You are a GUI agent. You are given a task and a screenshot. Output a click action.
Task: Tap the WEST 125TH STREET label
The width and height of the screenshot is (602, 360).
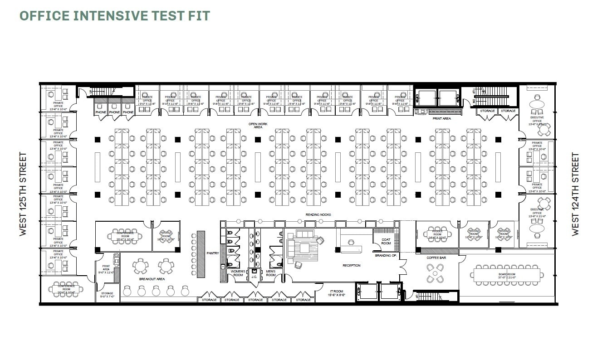[24, 194]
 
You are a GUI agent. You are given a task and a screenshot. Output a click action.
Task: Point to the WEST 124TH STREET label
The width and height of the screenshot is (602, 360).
[575, 194]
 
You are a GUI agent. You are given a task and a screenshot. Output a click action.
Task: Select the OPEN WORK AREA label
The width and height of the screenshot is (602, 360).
[258, 125]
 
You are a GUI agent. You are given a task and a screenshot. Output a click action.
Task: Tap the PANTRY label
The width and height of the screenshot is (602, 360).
[213, 253]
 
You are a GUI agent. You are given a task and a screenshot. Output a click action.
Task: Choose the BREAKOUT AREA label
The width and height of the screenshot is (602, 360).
[153, 279]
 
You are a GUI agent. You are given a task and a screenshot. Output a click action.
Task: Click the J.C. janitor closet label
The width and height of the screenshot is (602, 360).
[254, 277]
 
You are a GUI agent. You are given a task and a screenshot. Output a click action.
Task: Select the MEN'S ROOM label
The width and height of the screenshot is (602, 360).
[271, 273]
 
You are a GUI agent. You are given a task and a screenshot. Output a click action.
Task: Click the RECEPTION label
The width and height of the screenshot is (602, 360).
[352, 265]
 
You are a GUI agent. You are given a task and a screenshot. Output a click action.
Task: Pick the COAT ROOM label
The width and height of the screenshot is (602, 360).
[386, 241]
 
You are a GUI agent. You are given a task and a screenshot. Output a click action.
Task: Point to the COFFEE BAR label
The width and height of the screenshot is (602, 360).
[436, 258]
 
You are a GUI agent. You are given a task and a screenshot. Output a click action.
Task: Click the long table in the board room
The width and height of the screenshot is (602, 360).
[508, 274]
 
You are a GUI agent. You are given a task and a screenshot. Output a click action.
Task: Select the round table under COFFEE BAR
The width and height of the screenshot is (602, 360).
[436, 273]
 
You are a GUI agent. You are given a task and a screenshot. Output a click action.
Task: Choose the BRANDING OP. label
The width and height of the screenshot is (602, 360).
[386, 256]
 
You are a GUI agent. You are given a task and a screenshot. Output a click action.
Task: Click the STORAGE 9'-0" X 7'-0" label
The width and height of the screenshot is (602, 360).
[107, 295]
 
